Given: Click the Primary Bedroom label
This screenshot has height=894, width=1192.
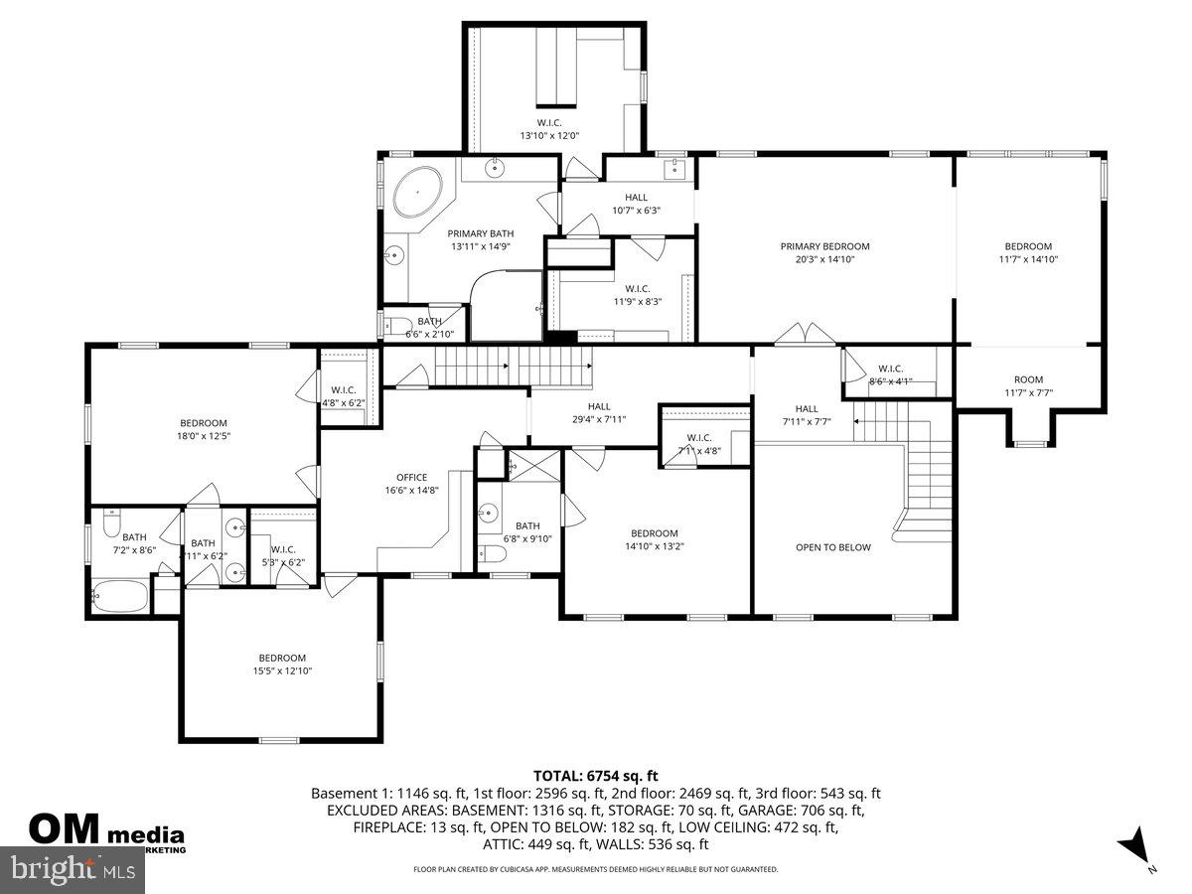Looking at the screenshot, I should [824, 252].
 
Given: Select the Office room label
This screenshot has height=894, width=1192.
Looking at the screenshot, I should [411, 484].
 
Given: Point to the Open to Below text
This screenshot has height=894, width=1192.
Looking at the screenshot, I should [832, 547].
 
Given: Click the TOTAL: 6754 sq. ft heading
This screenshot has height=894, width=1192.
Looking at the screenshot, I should [596, 776].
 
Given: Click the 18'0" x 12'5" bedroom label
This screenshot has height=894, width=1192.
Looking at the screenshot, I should [204, 429].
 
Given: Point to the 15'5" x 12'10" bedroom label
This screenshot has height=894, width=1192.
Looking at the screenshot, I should [282, 664].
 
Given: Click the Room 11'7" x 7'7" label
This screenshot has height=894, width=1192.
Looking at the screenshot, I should [1028, 385].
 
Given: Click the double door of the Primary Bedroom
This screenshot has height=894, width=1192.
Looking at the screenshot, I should [803, 335].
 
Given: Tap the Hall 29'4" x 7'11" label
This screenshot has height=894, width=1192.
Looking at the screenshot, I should [599, 412].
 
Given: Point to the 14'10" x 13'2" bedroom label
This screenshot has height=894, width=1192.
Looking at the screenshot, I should [654, 538].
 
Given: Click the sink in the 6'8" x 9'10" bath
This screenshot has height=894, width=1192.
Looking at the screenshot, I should [489, 513].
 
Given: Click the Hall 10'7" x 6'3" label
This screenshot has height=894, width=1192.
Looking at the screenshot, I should [636, 204].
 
